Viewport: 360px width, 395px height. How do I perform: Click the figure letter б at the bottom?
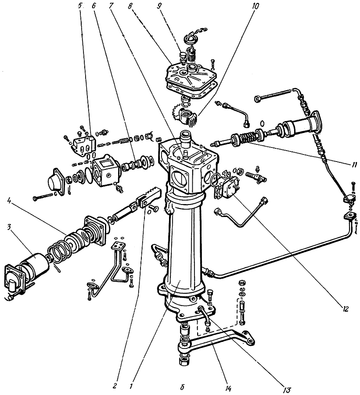181,386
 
